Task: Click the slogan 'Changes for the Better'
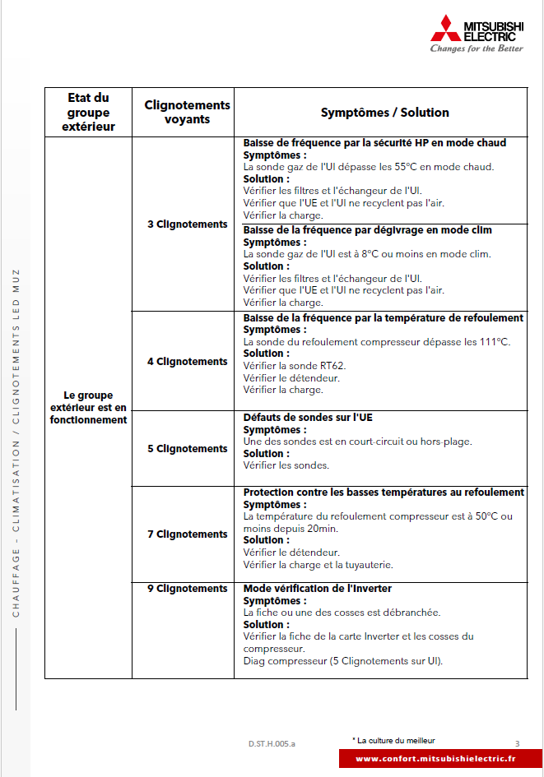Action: [x=476, y=49]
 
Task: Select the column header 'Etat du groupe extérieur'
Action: [x=88, y=112]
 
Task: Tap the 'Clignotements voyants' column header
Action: [x=187, y=112]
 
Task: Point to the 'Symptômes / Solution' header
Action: [x=384, y=113]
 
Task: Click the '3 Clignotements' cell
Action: [x=187, y=224]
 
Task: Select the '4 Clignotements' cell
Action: [x=187, y=361]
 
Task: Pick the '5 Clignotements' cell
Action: [x=187, y=448]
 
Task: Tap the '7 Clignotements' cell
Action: [x=187, y=534]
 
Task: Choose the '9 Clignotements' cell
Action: [x=187, y=588]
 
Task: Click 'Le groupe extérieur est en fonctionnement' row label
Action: [x=88, y=407]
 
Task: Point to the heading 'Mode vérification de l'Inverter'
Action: [x=317, y=588]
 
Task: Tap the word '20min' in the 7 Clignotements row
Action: [x=322, y=528]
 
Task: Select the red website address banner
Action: [x=435, y=758]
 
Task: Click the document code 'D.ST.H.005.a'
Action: [x=272, y=743]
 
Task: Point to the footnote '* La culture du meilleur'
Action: [x=393, y=740]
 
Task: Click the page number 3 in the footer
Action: [x=517, y=743]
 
